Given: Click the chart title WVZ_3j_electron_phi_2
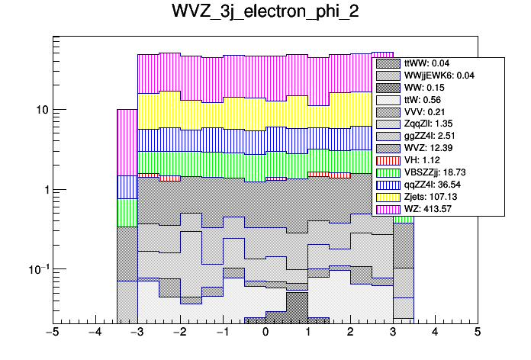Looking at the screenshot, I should point(265,13).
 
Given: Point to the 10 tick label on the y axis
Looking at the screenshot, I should point(43,110).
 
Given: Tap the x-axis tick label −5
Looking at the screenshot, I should point(52,333).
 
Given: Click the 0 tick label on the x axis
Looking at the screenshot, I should point(265,333).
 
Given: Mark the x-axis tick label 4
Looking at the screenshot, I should point(435,333).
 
